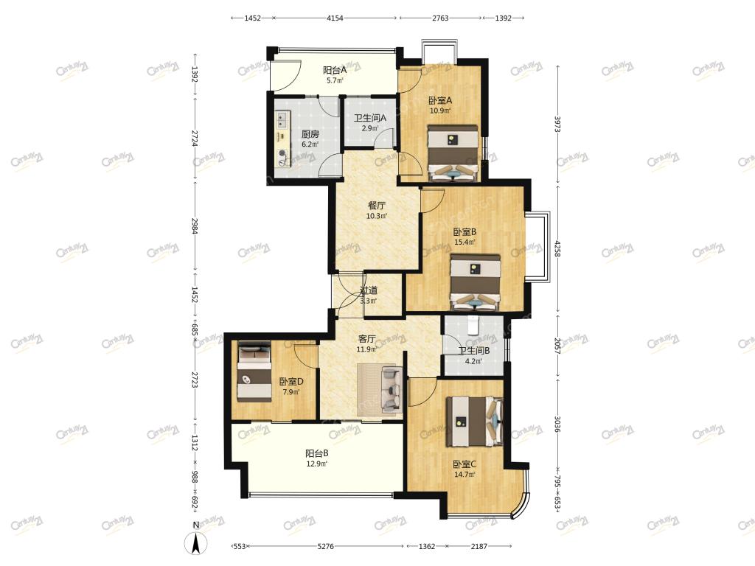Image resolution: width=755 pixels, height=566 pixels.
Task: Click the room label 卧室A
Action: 440,100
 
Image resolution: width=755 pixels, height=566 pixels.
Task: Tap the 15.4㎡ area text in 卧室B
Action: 465,242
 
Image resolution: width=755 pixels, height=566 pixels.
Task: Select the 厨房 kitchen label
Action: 310,134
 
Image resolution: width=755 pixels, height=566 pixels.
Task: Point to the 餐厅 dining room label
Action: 377,206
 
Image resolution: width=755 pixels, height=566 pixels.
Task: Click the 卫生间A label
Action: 370,118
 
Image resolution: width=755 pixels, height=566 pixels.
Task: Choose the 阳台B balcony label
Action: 317,453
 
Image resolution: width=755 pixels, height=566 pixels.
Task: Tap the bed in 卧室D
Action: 254,371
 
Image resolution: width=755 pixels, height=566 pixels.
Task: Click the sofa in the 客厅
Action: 392,390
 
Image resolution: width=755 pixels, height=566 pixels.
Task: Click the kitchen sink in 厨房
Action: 282,119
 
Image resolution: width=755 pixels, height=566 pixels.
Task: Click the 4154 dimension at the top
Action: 335,18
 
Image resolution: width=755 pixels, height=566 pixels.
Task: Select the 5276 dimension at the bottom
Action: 326,546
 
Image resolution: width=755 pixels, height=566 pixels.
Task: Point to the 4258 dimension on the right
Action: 557,248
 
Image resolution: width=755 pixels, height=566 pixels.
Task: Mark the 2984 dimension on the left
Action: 195,226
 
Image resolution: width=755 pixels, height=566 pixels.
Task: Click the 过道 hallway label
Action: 369,290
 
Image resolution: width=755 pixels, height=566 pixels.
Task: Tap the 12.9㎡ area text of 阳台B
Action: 317,464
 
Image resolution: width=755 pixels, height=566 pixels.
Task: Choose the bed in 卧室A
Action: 453,153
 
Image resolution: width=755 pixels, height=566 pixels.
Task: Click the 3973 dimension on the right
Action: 557,124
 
